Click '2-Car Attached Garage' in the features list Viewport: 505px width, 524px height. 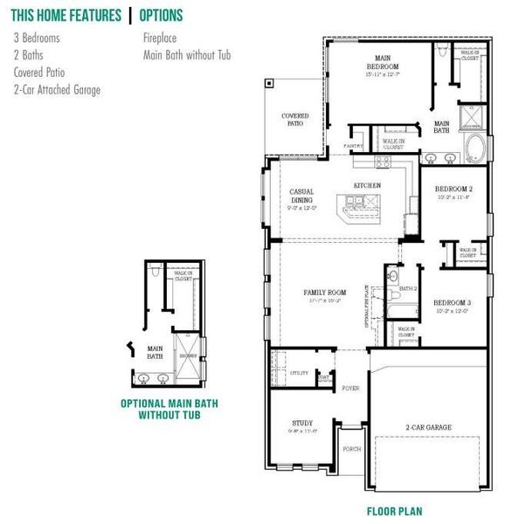pyautogui.click(x=57, y=90)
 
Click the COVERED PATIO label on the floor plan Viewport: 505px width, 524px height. pyautogui.click(x=294, y=120)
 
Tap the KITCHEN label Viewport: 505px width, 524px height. pyautogui.click(x=367, y=186)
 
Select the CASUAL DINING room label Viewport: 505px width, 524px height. pyautogui.click(x=301, y=196)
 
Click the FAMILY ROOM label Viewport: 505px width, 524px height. pyautogui.click(x=325, y=293)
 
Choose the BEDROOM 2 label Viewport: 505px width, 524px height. pyautogui.click(x=453, y=189)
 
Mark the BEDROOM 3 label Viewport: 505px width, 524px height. pyautogui.click(x=453, y=302)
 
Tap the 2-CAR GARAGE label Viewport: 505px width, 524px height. pyautogui.click(x=428, y=427)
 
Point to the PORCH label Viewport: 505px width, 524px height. pyautogui.click(x=351, y=450)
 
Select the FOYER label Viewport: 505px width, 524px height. pyautogui.click(x=350, y=388)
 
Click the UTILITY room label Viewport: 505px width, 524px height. pyautogui.click(x=288, y=372)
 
